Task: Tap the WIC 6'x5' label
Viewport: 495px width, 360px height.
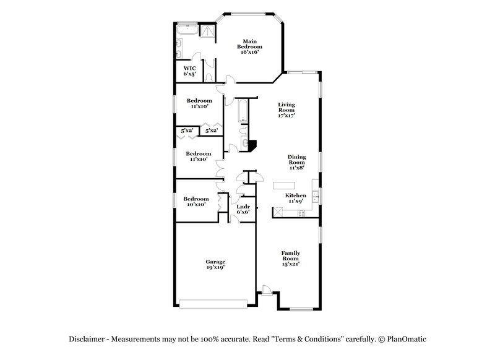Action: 189,71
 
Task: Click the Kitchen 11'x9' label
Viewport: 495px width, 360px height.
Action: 295,198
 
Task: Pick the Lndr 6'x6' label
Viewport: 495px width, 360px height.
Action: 243,209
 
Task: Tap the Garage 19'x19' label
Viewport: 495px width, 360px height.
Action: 215,264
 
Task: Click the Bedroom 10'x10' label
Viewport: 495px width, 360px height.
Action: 196,202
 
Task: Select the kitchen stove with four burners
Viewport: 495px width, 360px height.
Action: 301,212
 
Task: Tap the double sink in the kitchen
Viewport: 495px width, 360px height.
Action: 315,197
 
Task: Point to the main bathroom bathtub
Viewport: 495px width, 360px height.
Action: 186,30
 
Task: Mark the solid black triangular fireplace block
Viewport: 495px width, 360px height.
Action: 251,144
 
